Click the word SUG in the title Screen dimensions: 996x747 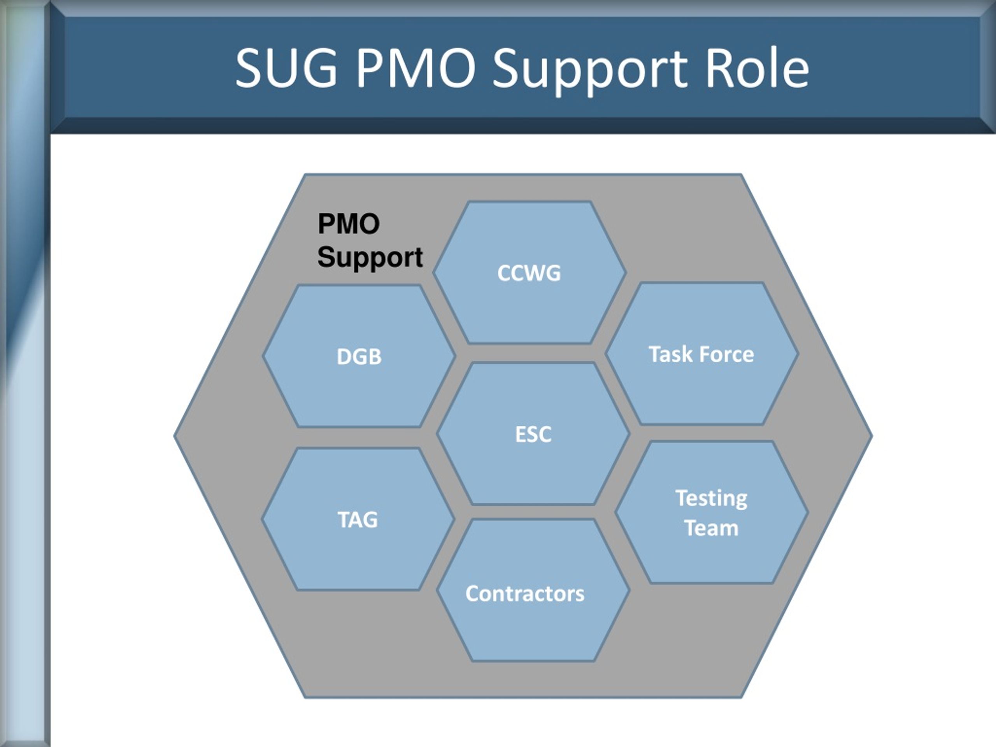coord(287,68)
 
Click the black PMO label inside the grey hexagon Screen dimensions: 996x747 coord(349,224)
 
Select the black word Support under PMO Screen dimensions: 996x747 coord(370,258)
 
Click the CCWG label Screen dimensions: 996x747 coord(529,273)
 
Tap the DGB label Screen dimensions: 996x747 coord(359,357)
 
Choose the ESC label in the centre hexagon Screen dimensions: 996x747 coord(533,435)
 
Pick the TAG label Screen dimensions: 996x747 coord(358,520)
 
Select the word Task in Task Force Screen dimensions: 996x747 coord(667,354)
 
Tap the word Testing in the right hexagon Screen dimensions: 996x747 coord(712,499)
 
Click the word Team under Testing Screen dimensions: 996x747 coord(712,528)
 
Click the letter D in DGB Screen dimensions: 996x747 coord(344,357)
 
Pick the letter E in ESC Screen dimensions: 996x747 coord(521,435)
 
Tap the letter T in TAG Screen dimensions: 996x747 coord(344,520)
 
